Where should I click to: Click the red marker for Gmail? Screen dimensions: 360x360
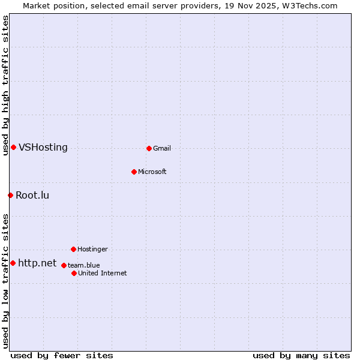149,148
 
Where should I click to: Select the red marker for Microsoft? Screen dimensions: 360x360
134,172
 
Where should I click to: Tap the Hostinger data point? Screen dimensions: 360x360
73,249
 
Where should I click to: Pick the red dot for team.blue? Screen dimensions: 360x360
64,265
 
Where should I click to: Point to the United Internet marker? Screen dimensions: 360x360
74,273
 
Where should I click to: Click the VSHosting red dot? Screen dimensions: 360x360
13,148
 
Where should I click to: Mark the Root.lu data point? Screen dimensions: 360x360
10,195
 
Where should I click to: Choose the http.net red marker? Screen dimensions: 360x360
13,263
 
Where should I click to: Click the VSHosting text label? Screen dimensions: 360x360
43,148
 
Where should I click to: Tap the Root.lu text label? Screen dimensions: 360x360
32,195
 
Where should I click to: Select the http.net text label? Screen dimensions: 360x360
37,263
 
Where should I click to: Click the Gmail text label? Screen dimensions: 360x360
162,148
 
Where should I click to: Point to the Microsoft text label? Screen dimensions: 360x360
152,172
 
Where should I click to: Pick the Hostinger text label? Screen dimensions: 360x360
92,249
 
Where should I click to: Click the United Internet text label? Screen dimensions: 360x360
102,273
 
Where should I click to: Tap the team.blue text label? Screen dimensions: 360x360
84,265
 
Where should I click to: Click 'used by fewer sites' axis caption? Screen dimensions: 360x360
62,355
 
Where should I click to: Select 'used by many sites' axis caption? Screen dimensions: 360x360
301,355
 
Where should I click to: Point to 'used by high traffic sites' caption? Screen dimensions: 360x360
6,86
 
